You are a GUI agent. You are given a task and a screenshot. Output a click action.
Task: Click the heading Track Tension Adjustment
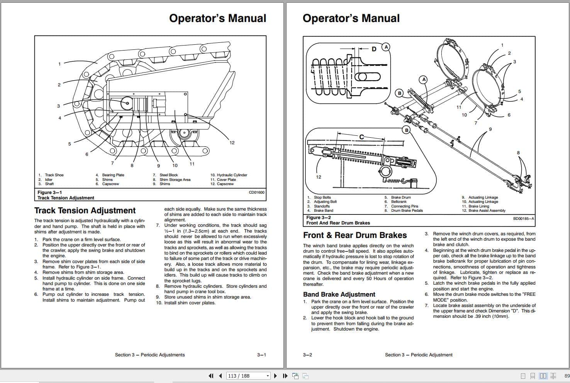85,211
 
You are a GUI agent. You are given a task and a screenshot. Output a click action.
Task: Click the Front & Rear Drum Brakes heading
355,235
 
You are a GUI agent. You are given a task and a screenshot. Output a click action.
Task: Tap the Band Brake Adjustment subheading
339,294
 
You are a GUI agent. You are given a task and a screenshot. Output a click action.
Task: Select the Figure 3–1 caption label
49,192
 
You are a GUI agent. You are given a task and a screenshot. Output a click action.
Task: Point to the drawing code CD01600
256,192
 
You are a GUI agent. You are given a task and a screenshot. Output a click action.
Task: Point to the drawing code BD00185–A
523,219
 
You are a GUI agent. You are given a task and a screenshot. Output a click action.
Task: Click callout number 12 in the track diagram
232,143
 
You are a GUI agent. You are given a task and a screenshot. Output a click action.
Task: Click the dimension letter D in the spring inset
373,49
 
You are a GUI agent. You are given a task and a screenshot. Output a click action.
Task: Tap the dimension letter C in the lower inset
361,137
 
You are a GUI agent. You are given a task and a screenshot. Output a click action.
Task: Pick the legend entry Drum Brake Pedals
407,211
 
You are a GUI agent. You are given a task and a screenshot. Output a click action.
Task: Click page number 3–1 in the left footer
261,355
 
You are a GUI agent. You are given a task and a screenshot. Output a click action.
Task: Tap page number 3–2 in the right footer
307,355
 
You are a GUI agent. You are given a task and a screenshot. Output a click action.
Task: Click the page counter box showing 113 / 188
248,376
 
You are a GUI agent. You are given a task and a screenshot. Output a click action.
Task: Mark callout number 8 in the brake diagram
518,153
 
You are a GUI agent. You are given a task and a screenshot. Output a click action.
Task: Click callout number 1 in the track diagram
59,64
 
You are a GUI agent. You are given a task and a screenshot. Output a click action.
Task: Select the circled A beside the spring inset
385,47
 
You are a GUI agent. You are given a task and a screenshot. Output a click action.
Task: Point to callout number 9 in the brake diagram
490,129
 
